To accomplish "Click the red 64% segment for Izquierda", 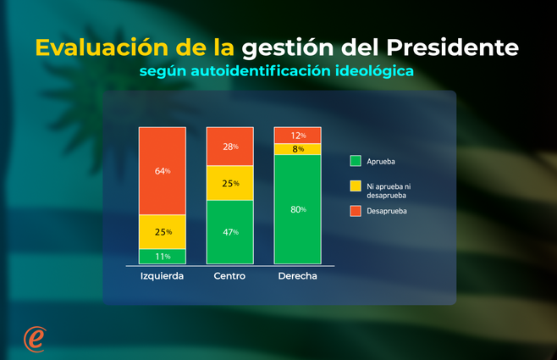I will (163, 170).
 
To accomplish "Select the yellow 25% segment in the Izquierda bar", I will (163, 231).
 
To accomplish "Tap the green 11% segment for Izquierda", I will (163, 256).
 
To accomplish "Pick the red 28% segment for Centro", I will (230, 147).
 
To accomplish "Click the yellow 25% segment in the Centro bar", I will (230, 183).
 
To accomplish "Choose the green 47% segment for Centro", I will (230, 232).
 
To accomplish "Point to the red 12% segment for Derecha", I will (298, 136).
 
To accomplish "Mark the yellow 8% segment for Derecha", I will (298, 149).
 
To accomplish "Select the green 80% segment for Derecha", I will (298, 209).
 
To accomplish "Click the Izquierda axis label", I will (162, 277).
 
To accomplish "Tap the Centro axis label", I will (230, 277).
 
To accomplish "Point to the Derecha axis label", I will (298, 277).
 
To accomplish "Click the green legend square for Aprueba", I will (356, 160).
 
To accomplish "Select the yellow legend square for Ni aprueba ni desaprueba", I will (356, 186).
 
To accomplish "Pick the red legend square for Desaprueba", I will (356, 210).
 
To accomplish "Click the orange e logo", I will (35, 336).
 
